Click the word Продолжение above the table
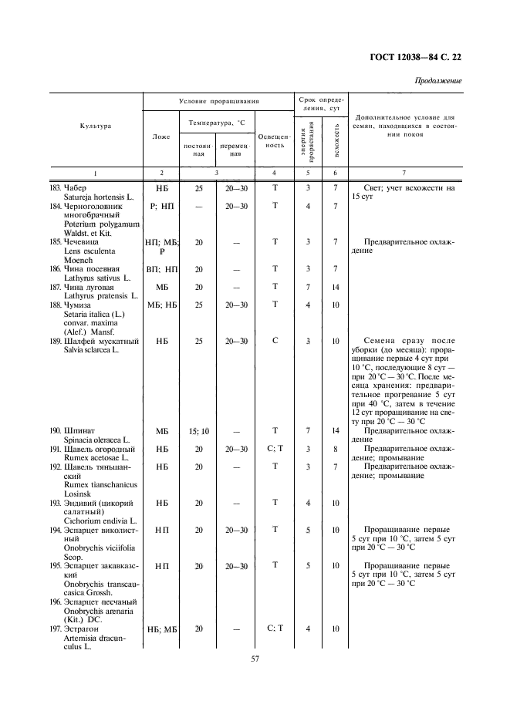[x=438, y=80]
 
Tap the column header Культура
[x=96, y=126]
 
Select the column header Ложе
[x=161, y=136]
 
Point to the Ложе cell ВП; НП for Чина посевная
[x=162, y=269]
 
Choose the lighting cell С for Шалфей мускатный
[x=275, y=341]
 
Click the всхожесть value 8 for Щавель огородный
[x=336, y=449]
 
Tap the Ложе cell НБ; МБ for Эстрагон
[x=162, y=629]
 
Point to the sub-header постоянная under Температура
[x=198, y=150]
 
